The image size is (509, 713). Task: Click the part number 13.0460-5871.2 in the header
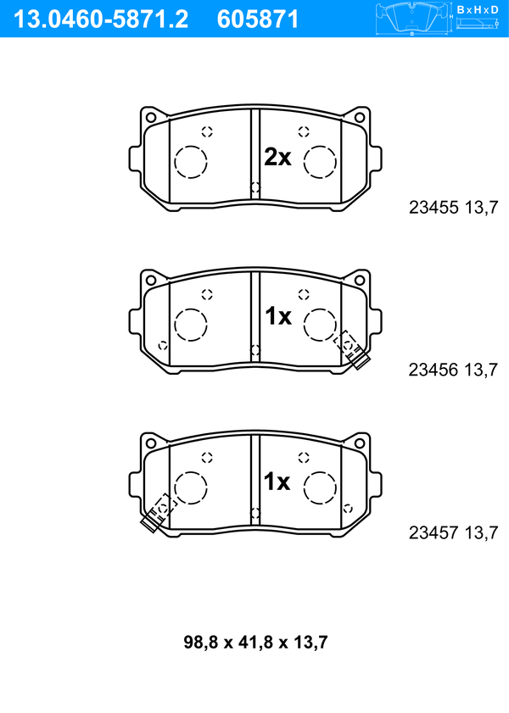(x=100, y=19)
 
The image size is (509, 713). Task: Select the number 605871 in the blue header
(x=257, y=19)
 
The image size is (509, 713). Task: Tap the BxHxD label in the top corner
(x=478, y=9)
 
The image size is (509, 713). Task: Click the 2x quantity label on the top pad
(x=277, y=158)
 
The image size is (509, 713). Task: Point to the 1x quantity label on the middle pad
(x=278, y=316)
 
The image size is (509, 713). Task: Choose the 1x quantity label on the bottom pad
(x=277, y=481)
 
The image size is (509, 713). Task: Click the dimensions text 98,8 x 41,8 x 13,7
(x=255, y=642)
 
